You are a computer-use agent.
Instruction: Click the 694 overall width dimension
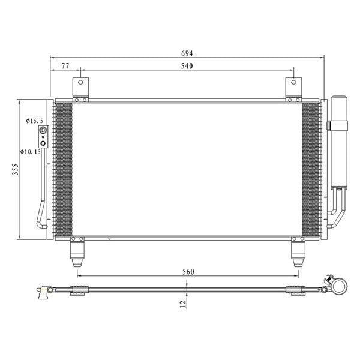[x=187, y=53]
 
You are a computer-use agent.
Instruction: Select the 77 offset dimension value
[x=65, y=66]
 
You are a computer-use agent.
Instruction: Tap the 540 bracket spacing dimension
[x=187, y=66]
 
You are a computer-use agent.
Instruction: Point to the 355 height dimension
[x=16, y=169]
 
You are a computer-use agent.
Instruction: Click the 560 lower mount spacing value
[x=188, y=272]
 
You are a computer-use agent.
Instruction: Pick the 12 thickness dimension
[x=183, y=304]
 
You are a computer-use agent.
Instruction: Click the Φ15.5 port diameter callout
[x=34, y=121]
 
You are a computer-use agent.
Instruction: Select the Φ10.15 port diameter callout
[x=31, y=152]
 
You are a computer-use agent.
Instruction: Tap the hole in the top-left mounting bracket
[x=80, y=82]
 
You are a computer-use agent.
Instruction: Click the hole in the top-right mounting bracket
[x=293, y=82]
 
